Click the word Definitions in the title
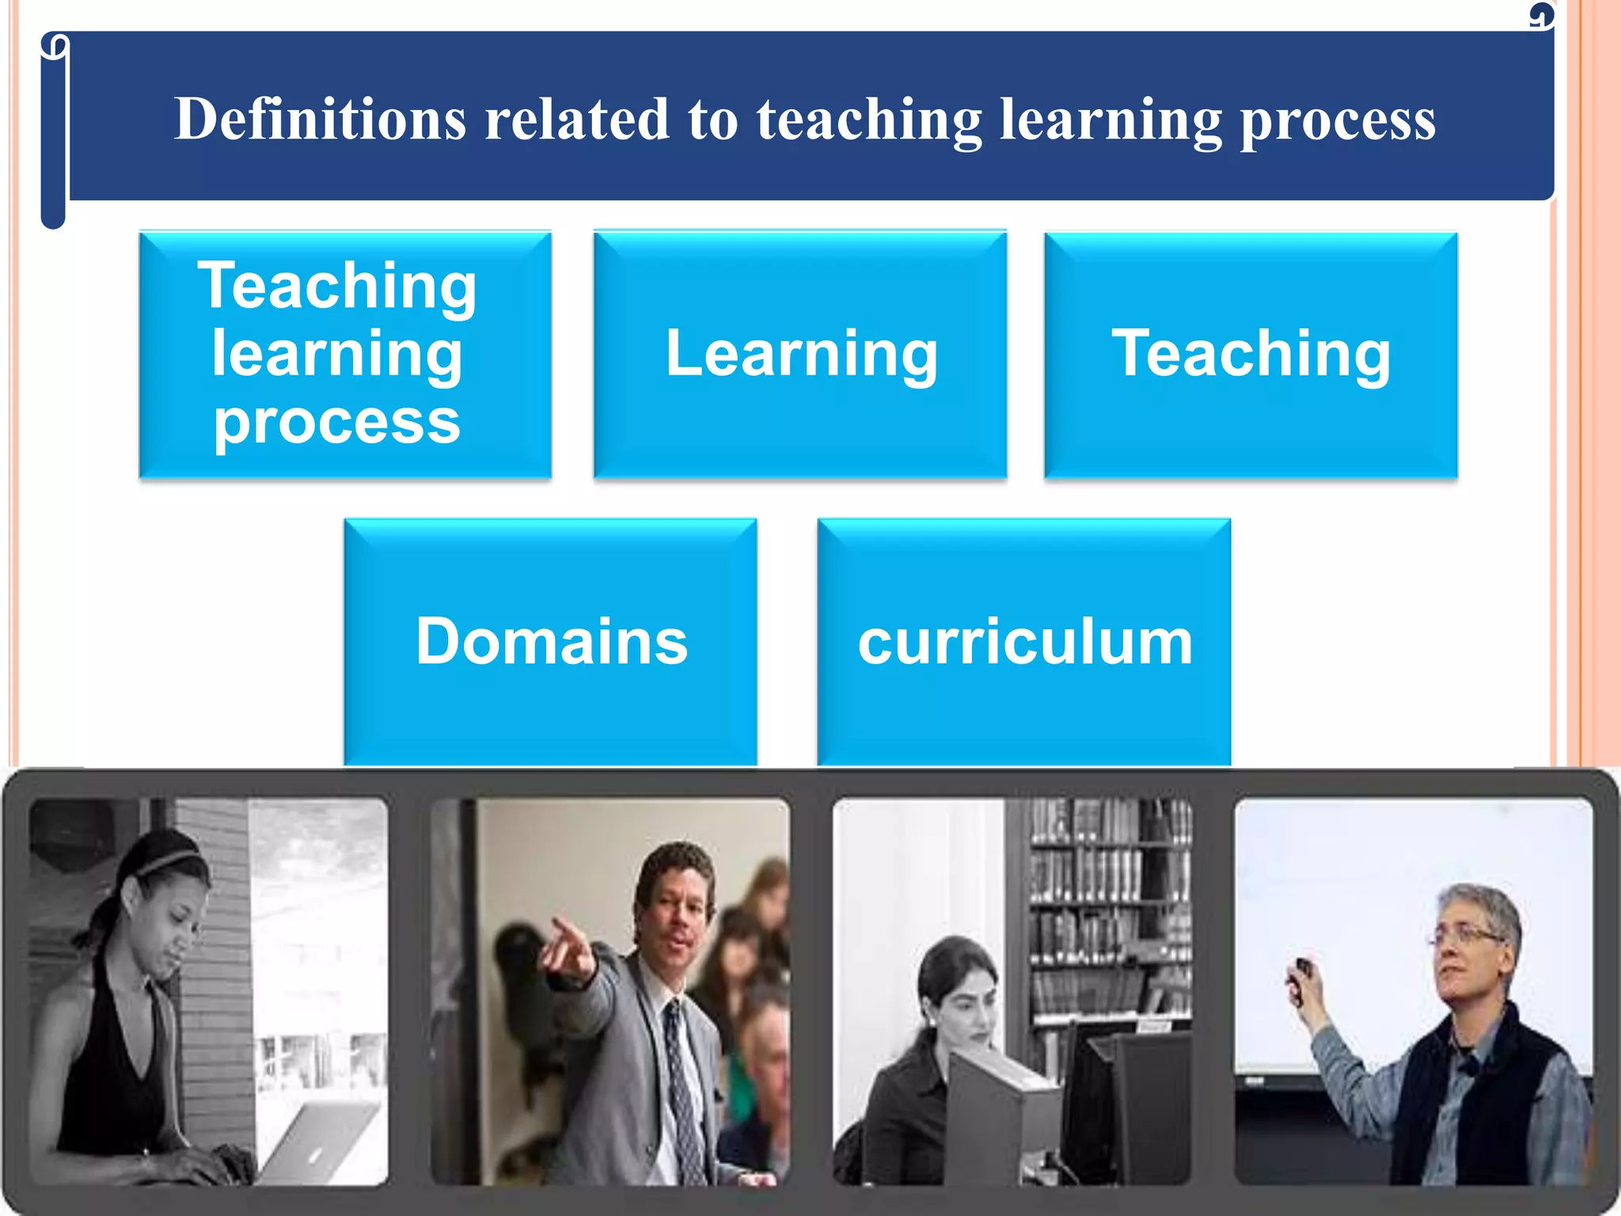(x=320, y=120)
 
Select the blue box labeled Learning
(x=800, y=354)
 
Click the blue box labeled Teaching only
(x=1251, y=354)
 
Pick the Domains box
(x=551, y=641)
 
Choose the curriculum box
(x=1024, y=641)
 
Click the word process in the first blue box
(x=336, y=421)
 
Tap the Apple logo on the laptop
(x=315, y=1156)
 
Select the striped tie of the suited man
(x=681, y=1085)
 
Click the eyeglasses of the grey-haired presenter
(x=1468, y=939)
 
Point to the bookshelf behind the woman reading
(x=1108, y=902)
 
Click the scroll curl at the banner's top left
(x=54, y=46)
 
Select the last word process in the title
(x=1338, y=120)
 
